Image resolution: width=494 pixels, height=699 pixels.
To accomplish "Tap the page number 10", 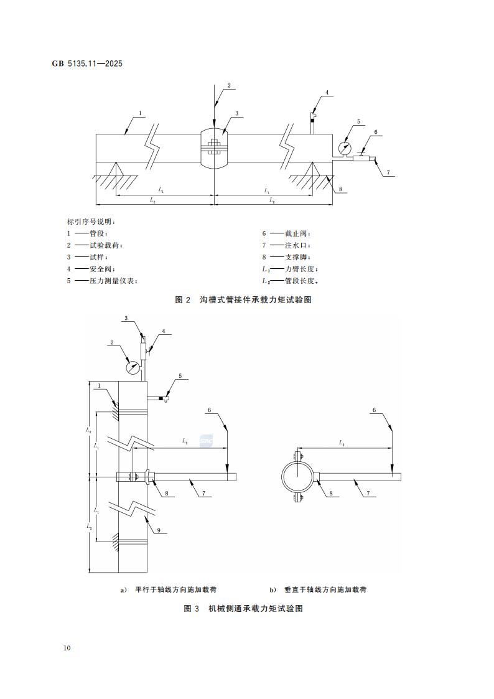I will [x=67, y=648].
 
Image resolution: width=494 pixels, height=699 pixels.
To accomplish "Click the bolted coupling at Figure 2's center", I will [x=213, y=148].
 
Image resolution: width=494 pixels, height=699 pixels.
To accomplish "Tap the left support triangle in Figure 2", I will [x=114, y=169].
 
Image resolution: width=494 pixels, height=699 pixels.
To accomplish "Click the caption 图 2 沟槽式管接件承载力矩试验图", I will [x=243, y=300].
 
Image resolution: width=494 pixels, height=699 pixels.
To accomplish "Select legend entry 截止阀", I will [x=296, y=234].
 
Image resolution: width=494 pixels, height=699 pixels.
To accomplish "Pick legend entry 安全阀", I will [x=97, y=269].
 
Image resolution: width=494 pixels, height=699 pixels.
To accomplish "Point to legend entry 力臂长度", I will [x=300, y=269].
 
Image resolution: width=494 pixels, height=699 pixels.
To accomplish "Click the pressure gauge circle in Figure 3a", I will [x=133, y=367].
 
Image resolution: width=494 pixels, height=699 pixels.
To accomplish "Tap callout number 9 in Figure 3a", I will [x=159, y=530].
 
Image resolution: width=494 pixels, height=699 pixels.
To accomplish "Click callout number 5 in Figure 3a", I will [x=180, y=376].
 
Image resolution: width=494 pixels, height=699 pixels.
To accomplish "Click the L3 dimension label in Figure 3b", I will [x=342, y=443].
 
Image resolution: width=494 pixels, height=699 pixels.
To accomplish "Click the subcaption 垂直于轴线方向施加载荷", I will [x=324, y=589].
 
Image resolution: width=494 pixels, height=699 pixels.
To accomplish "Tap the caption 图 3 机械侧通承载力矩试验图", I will [x=243, y=609].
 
